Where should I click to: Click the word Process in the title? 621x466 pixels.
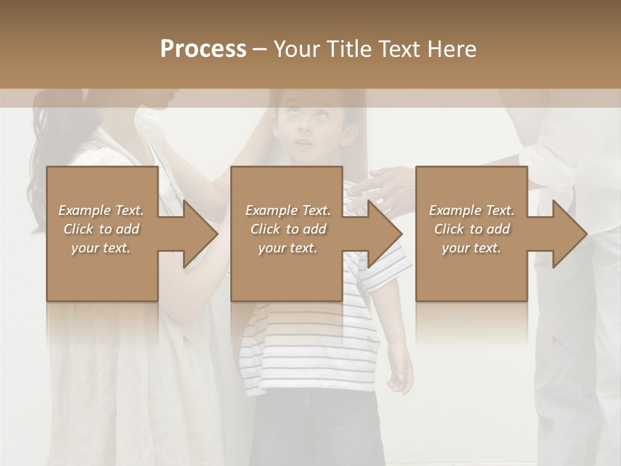click(203, 49)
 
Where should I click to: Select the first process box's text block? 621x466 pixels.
click(101, 229)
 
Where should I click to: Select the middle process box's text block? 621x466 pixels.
click(287, 229)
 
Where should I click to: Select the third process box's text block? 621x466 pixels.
click(471, 229)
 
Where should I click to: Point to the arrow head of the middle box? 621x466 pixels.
click(384, 234)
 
